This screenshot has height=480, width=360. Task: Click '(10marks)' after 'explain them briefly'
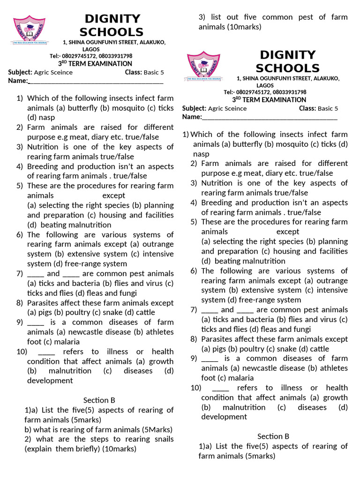tap(120, 449)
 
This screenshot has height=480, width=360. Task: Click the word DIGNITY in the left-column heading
tap(112, 19)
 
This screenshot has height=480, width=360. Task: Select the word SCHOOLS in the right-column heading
tap(287, 68)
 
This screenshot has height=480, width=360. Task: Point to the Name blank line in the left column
tap(96, 82)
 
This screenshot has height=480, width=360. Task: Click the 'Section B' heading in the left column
tap(99, 400)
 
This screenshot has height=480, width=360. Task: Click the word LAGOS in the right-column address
tap(265, 85)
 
